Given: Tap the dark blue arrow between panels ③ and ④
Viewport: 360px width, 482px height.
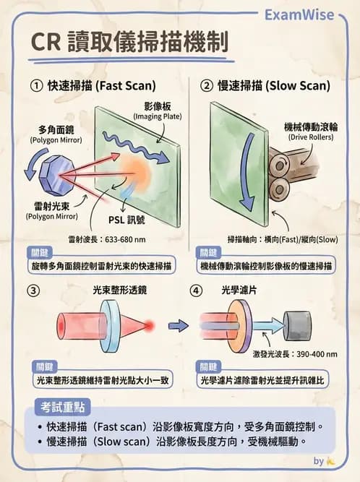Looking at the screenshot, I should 178,326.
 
